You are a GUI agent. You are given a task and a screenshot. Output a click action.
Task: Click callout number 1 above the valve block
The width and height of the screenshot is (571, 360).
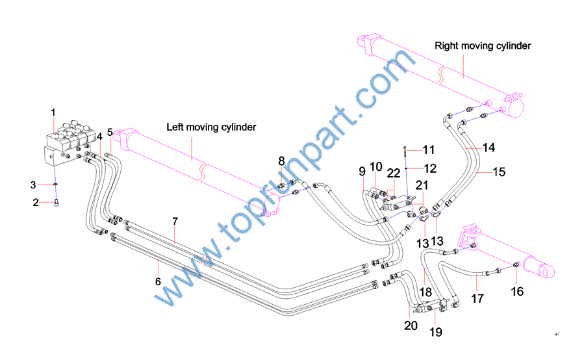coord(53,113)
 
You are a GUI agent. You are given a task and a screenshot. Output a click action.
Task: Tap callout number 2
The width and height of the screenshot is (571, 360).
coord(36,203)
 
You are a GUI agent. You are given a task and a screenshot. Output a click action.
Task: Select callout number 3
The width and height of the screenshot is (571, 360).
coord(34,185)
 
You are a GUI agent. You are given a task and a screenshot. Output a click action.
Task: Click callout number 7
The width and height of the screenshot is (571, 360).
coord(175,222)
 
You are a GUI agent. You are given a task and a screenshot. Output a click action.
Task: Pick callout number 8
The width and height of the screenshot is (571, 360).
coord(281,161)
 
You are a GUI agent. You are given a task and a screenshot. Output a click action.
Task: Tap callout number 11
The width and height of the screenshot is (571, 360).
coord(429,150)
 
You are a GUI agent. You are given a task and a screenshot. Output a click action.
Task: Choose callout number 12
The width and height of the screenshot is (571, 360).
coord(430,168)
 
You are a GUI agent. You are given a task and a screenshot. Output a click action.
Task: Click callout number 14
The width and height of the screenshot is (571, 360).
coord(489,148)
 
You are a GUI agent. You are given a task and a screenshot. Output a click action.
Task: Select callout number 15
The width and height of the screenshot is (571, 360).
coord(499,172)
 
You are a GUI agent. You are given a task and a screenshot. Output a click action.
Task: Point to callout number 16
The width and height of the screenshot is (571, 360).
coord(517,292)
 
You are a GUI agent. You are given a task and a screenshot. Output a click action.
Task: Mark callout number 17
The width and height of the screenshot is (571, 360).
coord(477,300)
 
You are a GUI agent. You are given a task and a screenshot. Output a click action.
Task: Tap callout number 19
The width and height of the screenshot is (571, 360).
coord(435,331)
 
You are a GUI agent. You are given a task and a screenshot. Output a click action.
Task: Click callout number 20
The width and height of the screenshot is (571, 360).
coord(411,326)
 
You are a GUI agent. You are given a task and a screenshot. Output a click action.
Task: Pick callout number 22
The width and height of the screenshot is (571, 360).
coord(394,174)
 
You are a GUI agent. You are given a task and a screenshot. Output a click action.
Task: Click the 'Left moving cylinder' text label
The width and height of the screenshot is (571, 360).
coord(211,127)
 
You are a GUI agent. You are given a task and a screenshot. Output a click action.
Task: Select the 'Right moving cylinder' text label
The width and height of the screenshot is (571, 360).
coord(483,45)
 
